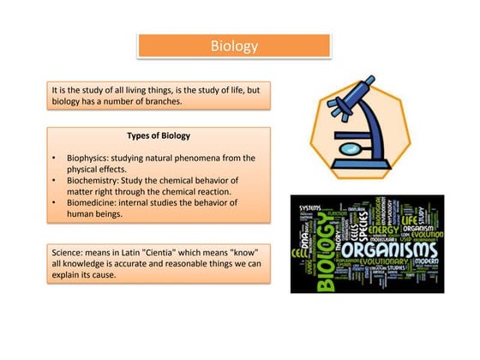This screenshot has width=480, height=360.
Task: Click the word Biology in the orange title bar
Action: [234, 46]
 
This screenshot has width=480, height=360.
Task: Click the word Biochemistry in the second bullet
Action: [95, 181]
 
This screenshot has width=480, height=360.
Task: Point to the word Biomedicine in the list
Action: [94, 203]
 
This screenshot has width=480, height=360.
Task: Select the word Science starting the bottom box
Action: [70, 249]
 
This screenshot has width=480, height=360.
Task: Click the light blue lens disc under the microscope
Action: [351, 147]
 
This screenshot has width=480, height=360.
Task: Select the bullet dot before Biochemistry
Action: [55, 181]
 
